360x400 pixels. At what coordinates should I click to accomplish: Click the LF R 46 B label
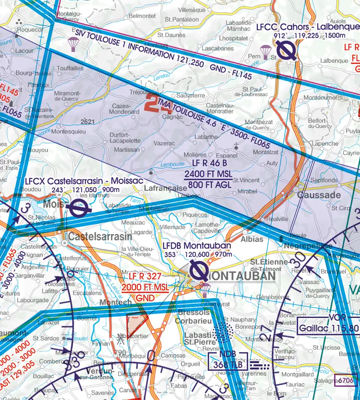(x=209, y=163)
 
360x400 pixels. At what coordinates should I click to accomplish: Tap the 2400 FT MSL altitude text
(x=209, y=174)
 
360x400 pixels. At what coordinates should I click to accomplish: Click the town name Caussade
(x=319, y=196)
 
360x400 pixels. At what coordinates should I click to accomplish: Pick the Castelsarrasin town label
(x=100, y=236)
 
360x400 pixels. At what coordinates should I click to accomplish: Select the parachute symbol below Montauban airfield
(x=205, y=289)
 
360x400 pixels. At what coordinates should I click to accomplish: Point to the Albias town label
(x=252, y=239)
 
